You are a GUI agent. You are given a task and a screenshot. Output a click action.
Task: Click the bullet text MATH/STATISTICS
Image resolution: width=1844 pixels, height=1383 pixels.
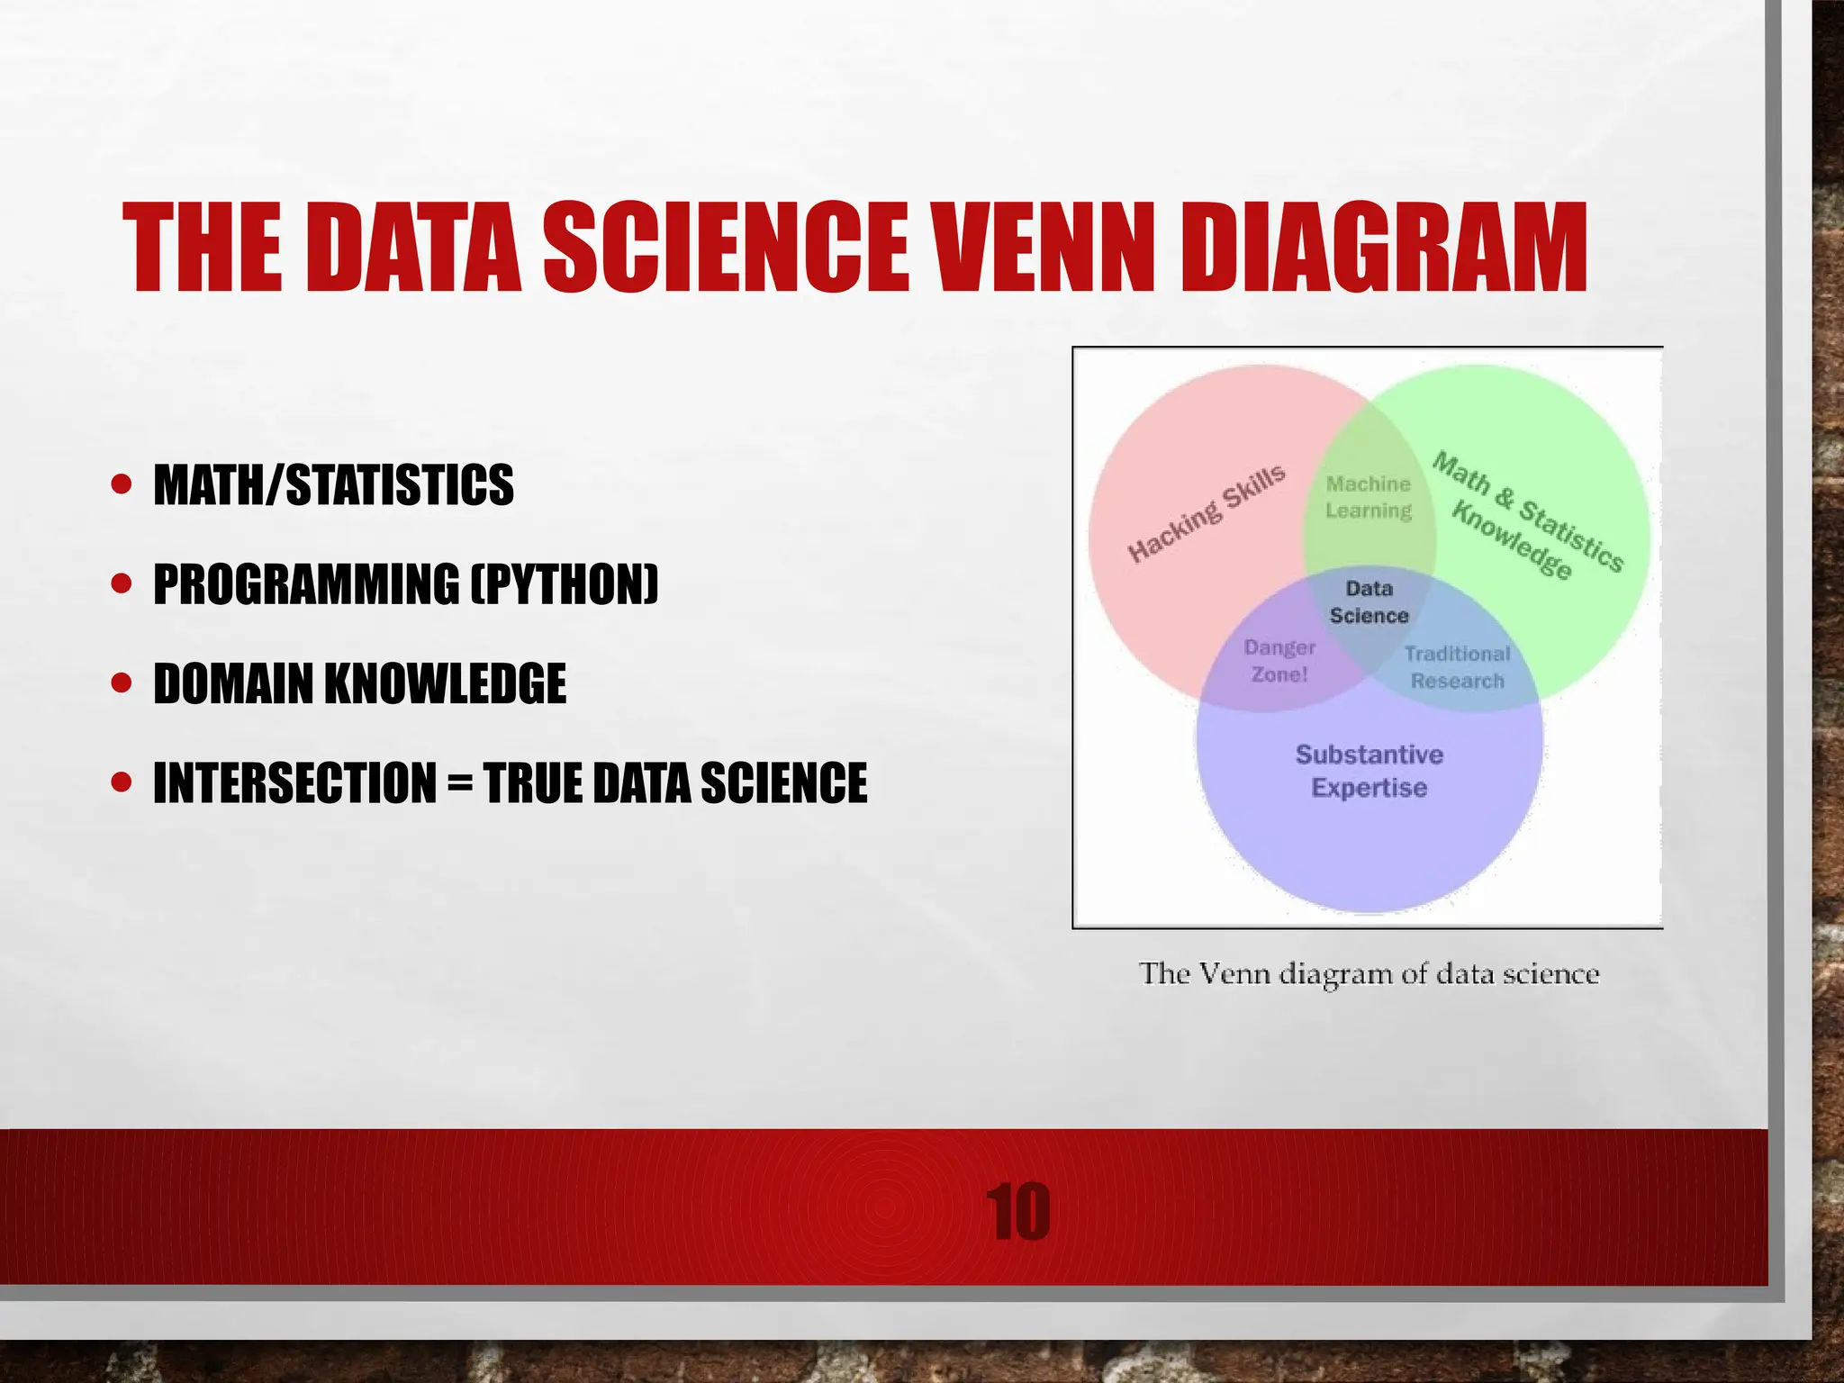(x=333, y=485)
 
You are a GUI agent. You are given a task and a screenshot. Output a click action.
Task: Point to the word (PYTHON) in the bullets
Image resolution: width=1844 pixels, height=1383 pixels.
(x=565, y=584)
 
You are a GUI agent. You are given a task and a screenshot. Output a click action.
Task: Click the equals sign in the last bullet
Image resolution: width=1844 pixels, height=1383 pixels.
(x=459, y=782)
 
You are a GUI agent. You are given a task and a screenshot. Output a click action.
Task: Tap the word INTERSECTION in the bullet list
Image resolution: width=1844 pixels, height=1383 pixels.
(x=294, y=782)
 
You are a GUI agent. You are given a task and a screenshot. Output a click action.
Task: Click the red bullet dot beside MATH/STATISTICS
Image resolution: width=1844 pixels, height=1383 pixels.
(x=122, y=486)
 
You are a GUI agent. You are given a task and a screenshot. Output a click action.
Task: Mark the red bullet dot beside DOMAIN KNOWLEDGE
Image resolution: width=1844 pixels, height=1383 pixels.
(x=122, y=684)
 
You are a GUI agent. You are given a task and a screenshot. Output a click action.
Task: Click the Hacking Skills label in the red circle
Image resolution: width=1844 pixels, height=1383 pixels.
(x=1207, y=513)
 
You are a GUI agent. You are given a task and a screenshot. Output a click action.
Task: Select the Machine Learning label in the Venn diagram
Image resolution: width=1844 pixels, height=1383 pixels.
(x=1369, y=497)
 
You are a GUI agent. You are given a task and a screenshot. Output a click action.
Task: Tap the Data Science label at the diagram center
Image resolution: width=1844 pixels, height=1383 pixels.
(x=1369, y=602)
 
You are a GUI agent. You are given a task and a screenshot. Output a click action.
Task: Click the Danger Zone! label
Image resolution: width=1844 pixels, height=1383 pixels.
(x=1279, y=661)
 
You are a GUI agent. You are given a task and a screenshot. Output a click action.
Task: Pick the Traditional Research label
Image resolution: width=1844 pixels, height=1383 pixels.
(x=1457, y=667)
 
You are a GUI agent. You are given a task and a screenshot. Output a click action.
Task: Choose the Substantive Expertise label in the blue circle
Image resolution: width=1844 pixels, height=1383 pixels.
(x=1369, y=771)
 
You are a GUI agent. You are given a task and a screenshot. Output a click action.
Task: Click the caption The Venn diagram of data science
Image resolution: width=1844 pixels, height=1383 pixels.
(x=1369, y=974)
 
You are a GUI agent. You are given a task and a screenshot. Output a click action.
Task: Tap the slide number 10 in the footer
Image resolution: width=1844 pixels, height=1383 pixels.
(x=1017, y=1213)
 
